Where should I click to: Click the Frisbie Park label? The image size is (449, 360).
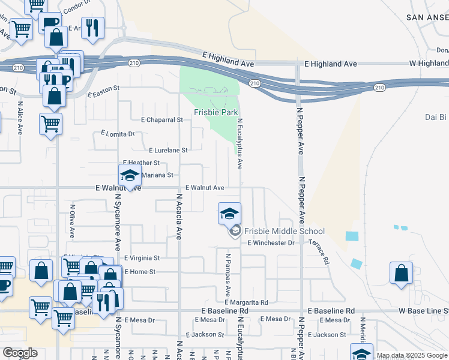216,112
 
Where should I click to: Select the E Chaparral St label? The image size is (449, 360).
161,119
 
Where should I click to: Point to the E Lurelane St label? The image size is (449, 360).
169,150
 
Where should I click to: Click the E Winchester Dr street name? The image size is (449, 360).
271,243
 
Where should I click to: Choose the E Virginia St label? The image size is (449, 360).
142,258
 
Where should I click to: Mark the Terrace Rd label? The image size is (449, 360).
319,252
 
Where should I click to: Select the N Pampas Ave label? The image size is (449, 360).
228,275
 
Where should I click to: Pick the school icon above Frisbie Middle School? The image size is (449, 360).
229,213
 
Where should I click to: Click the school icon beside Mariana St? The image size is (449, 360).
129,176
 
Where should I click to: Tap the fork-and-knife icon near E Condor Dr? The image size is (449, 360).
92,28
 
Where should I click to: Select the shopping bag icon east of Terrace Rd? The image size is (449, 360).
401,272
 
